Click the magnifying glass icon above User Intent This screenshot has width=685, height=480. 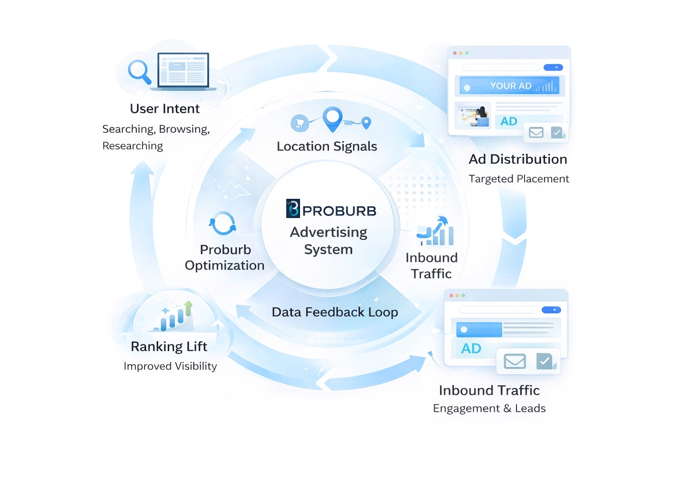pos(139,71)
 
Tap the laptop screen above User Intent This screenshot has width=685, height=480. pos(183,70)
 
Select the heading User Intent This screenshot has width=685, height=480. pos(164,109)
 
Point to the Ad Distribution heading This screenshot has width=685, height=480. pos(518,159)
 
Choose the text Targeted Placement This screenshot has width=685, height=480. pos(519,179)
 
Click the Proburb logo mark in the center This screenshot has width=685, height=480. pos(293,209)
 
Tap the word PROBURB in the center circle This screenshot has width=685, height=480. pos(339,211)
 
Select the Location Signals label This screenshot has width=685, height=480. pos(327,147)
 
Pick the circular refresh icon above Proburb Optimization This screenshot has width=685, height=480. pos(223,224)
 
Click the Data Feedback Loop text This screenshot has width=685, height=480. pos(335,312)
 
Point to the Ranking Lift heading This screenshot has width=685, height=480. pos(169,347)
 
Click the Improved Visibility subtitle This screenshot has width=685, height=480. pos(170,366)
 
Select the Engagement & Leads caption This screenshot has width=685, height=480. pos(489,408)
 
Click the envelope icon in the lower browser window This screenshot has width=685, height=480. pos(514,362)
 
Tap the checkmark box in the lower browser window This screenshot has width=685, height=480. pos(545,361)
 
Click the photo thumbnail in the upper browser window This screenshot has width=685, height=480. pos(473,115)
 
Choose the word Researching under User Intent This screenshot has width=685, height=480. pos(132,146)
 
